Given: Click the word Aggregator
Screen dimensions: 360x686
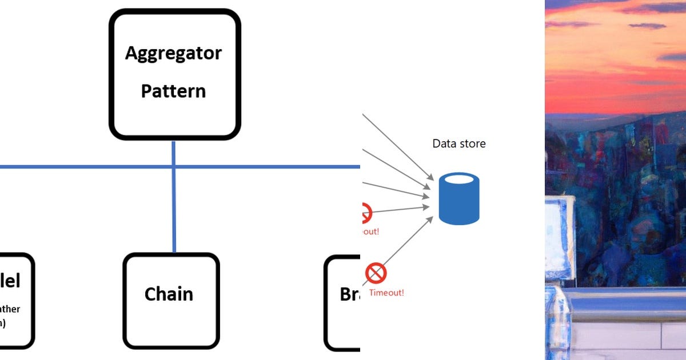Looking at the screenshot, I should [x=173, y=53].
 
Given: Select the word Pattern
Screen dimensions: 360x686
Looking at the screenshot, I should [x=173, y=91].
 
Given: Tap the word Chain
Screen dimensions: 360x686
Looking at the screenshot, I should [x=169, y=294].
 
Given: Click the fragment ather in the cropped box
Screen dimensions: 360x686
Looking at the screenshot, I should [x=10, y=309].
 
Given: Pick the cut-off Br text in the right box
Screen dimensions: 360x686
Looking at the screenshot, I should [x=349, y=294].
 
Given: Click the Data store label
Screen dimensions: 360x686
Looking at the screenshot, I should [x=458, y=143].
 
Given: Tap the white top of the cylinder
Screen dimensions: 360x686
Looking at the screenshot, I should [x=458, y=179].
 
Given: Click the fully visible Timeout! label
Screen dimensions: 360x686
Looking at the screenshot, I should [x=386, y=293].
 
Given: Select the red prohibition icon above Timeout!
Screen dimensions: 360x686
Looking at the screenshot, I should [x=376, y=273].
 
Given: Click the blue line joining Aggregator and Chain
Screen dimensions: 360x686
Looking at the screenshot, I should [x=174, y=211].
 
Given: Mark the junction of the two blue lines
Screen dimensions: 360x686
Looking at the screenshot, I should [x=174, y=167].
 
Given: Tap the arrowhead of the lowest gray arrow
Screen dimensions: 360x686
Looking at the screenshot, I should [x=429, y=219].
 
